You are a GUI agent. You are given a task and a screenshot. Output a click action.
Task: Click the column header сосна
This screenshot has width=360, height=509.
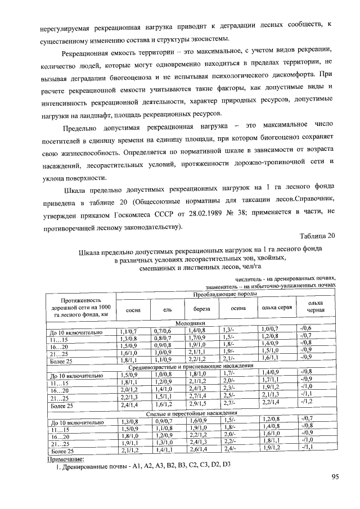pyautogui.click(x=133, y=310)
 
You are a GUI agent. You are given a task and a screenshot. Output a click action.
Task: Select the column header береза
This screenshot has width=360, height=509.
pyautogui.click(x=202, y=309)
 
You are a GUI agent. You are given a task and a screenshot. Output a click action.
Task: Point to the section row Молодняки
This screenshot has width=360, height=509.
pyautogui.click(x=190, y=325)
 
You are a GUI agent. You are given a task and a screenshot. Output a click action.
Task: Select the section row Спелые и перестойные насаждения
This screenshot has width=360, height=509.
pyautogui.click(x=190, y=412)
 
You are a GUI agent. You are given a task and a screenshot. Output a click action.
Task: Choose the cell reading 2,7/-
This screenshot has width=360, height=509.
pyautogui.click(x=228, y=403)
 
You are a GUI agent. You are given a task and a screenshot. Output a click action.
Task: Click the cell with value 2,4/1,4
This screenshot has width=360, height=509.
pyautogui.click(x=129, y=404)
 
